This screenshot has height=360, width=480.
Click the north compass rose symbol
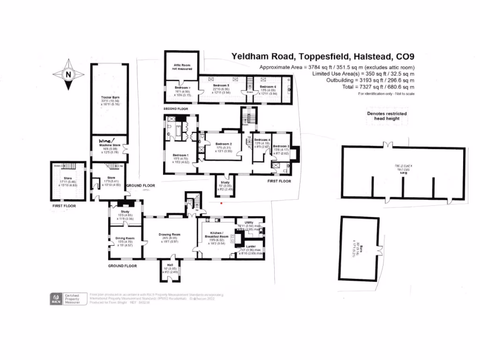pos(68,74)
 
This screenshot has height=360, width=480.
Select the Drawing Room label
pos(170,234)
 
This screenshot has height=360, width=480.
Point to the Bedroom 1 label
pos(180,155)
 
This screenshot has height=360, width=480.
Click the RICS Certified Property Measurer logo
pos(65,299)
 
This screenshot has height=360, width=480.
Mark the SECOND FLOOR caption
pos(175,109)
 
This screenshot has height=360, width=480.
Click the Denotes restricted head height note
pos(387,116)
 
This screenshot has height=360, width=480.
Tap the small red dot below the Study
pos(222,203)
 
